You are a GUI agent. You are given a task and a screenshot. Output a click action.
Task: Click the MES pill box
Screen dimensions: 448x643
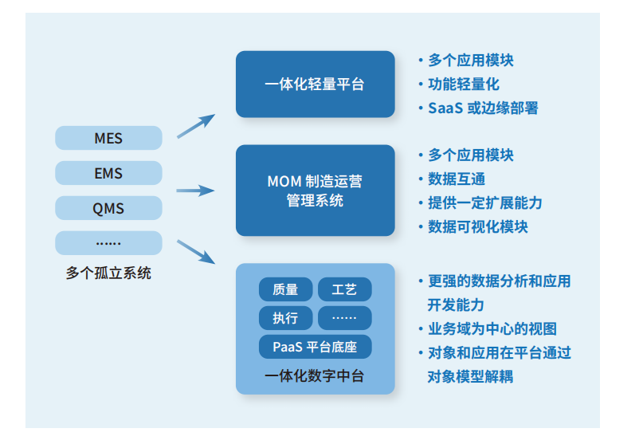coord(108,138)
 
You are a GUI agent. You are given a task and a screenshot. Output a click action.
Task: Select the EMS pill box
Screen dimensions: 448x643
coord(108,173)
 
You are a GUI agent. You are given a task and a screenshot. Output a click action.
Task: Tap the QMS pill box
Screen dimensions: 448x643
coord(108,208)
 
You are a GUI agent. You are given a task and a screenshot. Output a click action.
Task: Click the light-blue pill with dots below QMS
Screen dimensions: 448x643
coord(108,243)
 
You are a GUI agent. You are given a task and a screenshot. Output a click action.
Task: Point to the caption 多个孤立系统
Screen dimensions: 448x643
coord(108,273)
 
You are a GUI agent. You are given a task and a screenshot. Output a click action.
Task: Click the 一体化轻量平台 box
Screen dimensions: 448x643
coord(315,84)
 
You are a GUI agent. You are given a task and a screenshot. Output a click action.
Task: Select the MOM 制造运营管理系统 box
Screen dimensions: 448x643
coord(315,191)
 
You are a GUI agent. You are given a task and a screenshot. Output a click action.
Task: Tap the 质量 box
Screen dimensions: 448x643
coord(285,289)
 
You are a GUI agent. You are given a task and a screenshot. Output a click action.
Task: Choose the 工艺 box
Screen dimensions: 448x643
coord(344,289)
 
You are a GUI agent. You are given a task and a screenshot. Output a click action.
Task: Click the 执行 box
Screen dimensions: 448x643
coord(285,318)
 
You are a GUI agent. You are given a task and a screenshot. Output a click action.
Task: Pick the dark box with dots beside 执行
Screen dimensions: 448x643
coord(344,318)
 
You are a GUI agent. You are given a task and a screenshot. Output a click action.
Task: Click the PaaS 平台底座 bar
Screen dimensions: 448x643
coord(315,347)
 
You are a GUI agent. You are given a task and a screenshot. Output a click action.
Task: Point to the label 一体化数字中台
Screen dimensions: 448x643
coord(315,375)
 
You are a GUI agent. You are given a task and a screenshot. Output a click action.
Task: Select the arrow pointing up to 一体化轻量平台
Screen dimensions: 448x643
coord(195,126)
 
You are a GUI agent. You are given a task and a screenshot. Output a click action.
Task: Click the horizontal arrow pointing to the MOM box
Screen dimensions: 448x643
coord(195,191)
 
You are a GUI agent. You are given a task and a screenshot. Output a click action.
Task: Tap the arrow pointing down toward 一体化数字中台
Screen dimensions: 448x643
coord(195,252)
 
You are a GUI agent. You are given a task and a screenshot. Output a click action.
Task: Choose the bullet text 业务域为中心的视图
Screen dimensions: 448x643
coord(492,328)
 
